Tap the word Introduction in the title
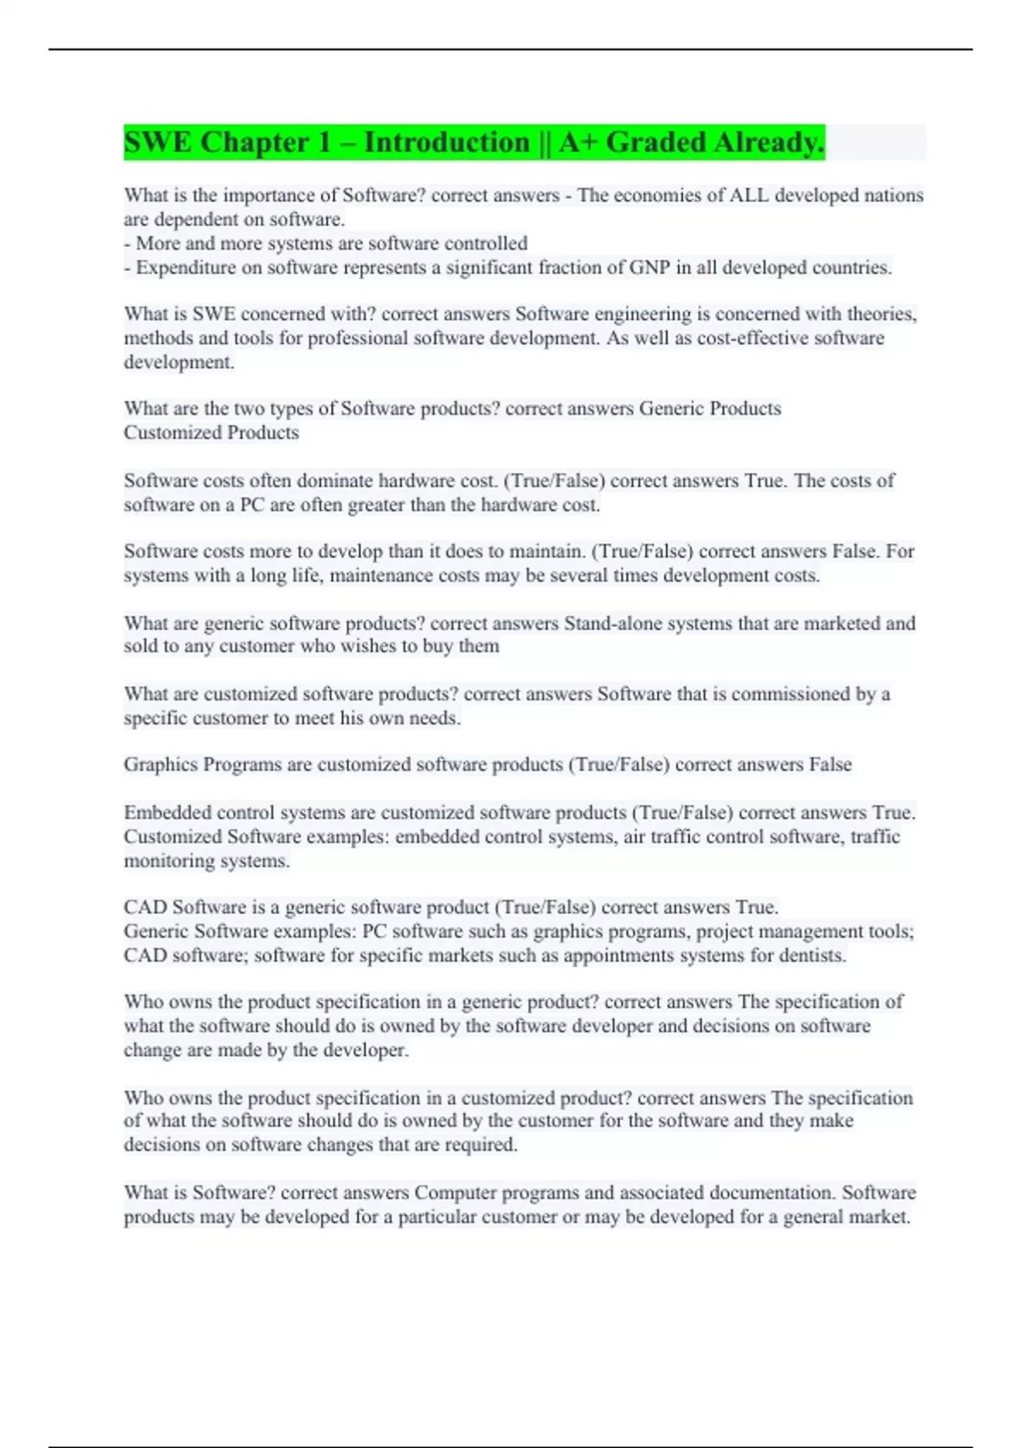coord(447,142)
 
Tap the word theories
coord(881,314)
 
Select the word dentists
coord(812,956)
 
